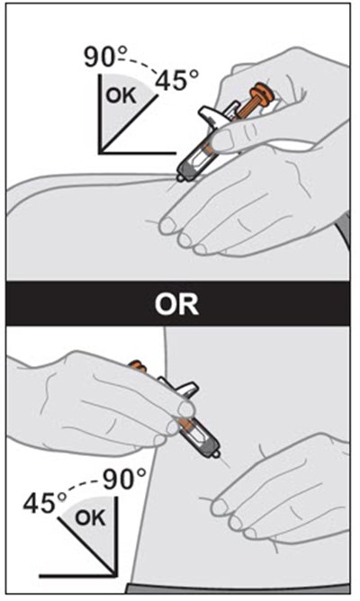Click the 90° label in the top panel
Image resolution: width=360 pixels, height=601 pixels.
tap(100, 58)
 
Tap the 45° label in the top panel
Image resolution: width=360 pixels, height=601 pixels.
tap(176, 80)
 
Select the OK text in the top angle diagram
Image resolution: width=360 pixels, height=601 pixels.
tap(121, 95)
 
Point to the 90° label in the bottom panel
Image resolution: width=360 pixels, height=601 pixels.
tap(124, 480)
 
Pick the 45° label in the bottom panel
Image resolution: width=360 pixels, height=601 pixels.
tap(45, 503)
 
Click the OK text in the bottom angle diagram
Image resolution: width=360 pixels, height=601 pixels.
tap(90, 518)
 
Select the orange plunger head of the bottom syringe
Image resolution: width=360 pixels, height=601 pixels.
tap(137, 367)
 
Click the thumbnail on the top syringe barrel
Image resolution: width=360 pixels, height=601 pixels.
tap(224, 140)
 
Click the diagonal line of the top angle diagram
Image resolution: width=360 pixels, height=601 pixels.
tap(130, 124)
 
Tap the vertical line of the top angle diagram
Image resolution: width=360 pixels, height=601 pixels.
tap(100, 114)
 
